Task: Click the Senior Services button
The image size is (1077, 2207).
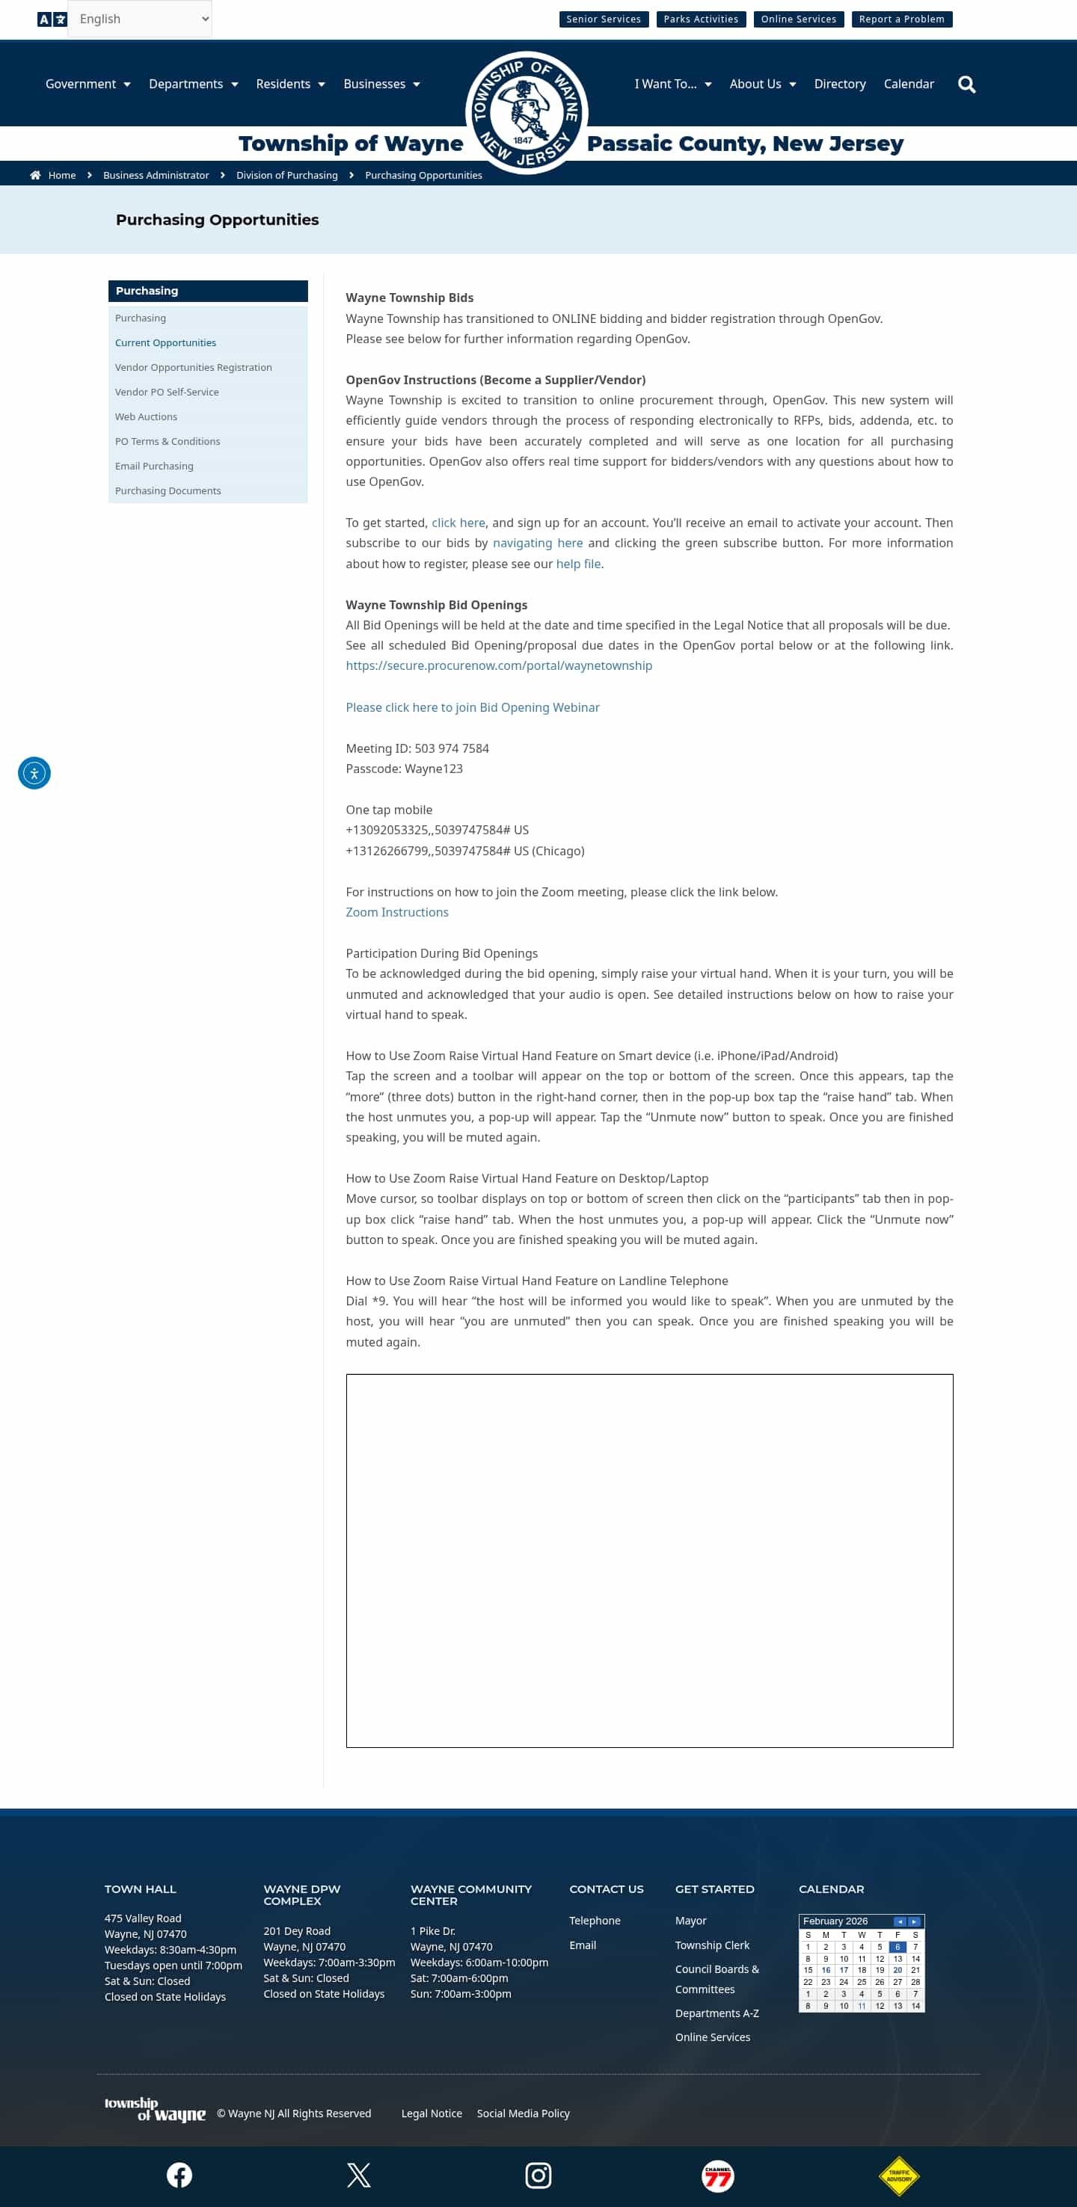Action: pyautogui.click(x=603, y=19)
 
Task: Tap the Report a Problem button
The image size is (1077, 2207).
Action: pyautogui.click(x=901, y=19)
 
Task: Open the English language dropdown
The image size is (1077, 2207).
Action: pyautogui.click(x=140, y=19)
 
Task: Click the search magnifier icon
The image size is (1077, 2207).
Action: pyautogui.click(x=966, y=84)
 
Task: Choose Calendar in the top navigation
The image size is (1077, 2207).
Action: pyautogui.click(x=908, y=84)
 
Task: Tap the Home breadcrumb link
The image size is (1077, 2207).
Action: pyautogui.click(x=61, y=176)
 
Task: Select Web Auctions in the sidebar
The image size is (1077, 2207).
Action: pyautogui.click(x=146, y=417)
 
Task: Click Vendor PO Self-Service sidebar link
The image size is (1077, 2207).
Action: pyautogui.click(x=166, y=393)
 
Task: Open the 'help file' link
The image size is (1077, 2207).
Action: pyautogui.click(x=578, y=564)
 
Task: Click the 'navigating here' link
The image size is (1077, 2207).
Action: pyautogui.click(x=537, y=544)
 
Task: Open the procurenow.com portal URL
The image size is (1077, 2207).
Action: pyautogui.click(x=499, y=665)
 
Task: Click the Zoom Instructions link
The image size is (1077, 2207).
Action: pyautogui.click(x=396, y=912)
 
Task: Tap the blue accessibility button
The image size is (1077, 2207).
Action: pyautogui.click(x=34, y=774)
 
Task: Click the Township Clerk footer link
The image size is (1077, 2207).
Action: pyautogui.click(x=712, y=1945)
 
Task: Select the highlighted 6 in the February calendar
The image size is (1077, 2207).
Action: pyautogui.click(x=897, y=1947)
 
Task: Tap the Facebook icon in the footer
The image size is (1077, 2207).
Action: pyautogui.click(x=179, y=2174)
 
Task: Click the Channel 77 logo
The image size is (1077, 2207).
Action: pyautogui.click(x=717, y=2176)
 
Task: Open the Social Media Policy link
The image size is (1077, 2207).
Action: pyautogui.click(x=523, y=2114)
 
